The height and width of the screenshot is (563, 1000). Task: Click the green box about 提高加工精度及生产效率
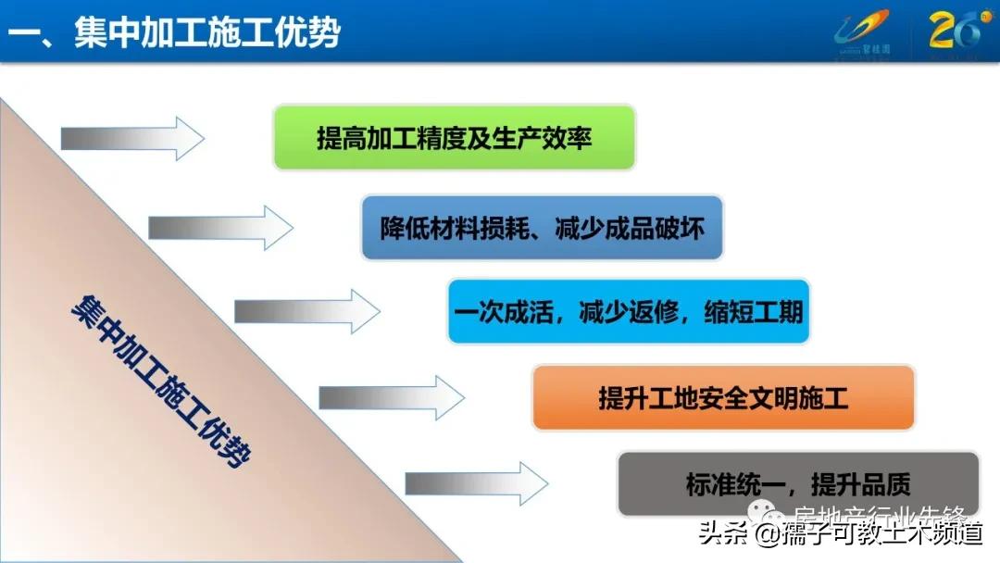(x=454, y=138)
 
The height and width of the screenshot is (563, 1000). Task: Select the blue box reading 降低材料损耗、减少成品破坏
(x=542, y=227)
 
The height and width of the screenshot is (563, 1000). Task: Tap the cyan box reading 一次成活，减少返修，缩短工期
(x=629, y=311)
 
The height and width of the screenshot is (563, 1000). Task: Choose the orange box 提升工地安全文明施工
(x=723, y=398)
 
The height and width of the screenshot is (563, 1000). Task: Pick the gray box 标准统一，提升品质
(x=798, y=483)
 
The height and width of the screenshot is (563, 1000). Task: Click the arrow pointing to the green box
(x=132, y=139)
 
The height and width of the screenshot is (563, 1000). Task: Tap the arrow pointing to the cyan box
(x=306, y=311)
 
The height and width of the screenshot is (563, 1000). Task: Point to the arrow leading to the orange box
(x=392, y=398)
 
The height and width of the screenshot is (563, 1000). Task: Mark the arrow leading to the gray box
(x=477, y=483)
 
